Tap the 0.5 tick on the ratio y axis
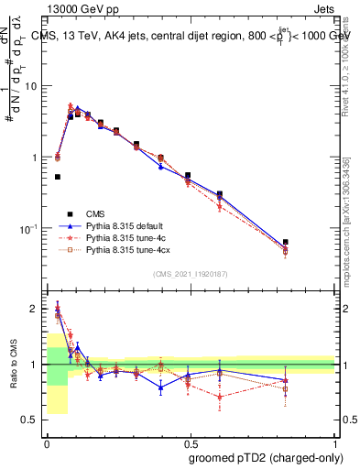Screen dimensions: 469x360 [32, 420]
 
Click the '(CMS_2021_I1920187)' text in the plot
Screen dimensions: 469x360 [191, 274]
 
